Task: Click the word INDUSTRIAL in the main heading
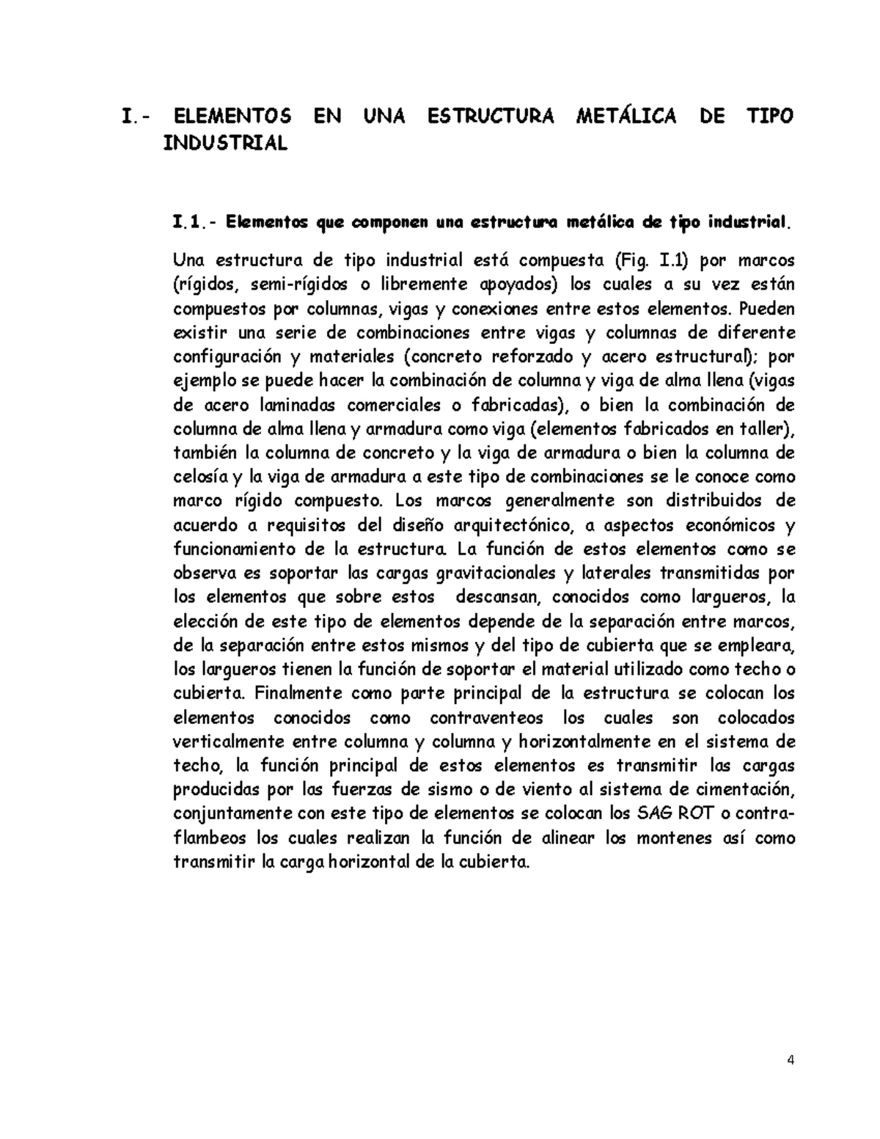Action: click(226, 144)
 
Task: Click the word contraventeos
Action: click(486, 718)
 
